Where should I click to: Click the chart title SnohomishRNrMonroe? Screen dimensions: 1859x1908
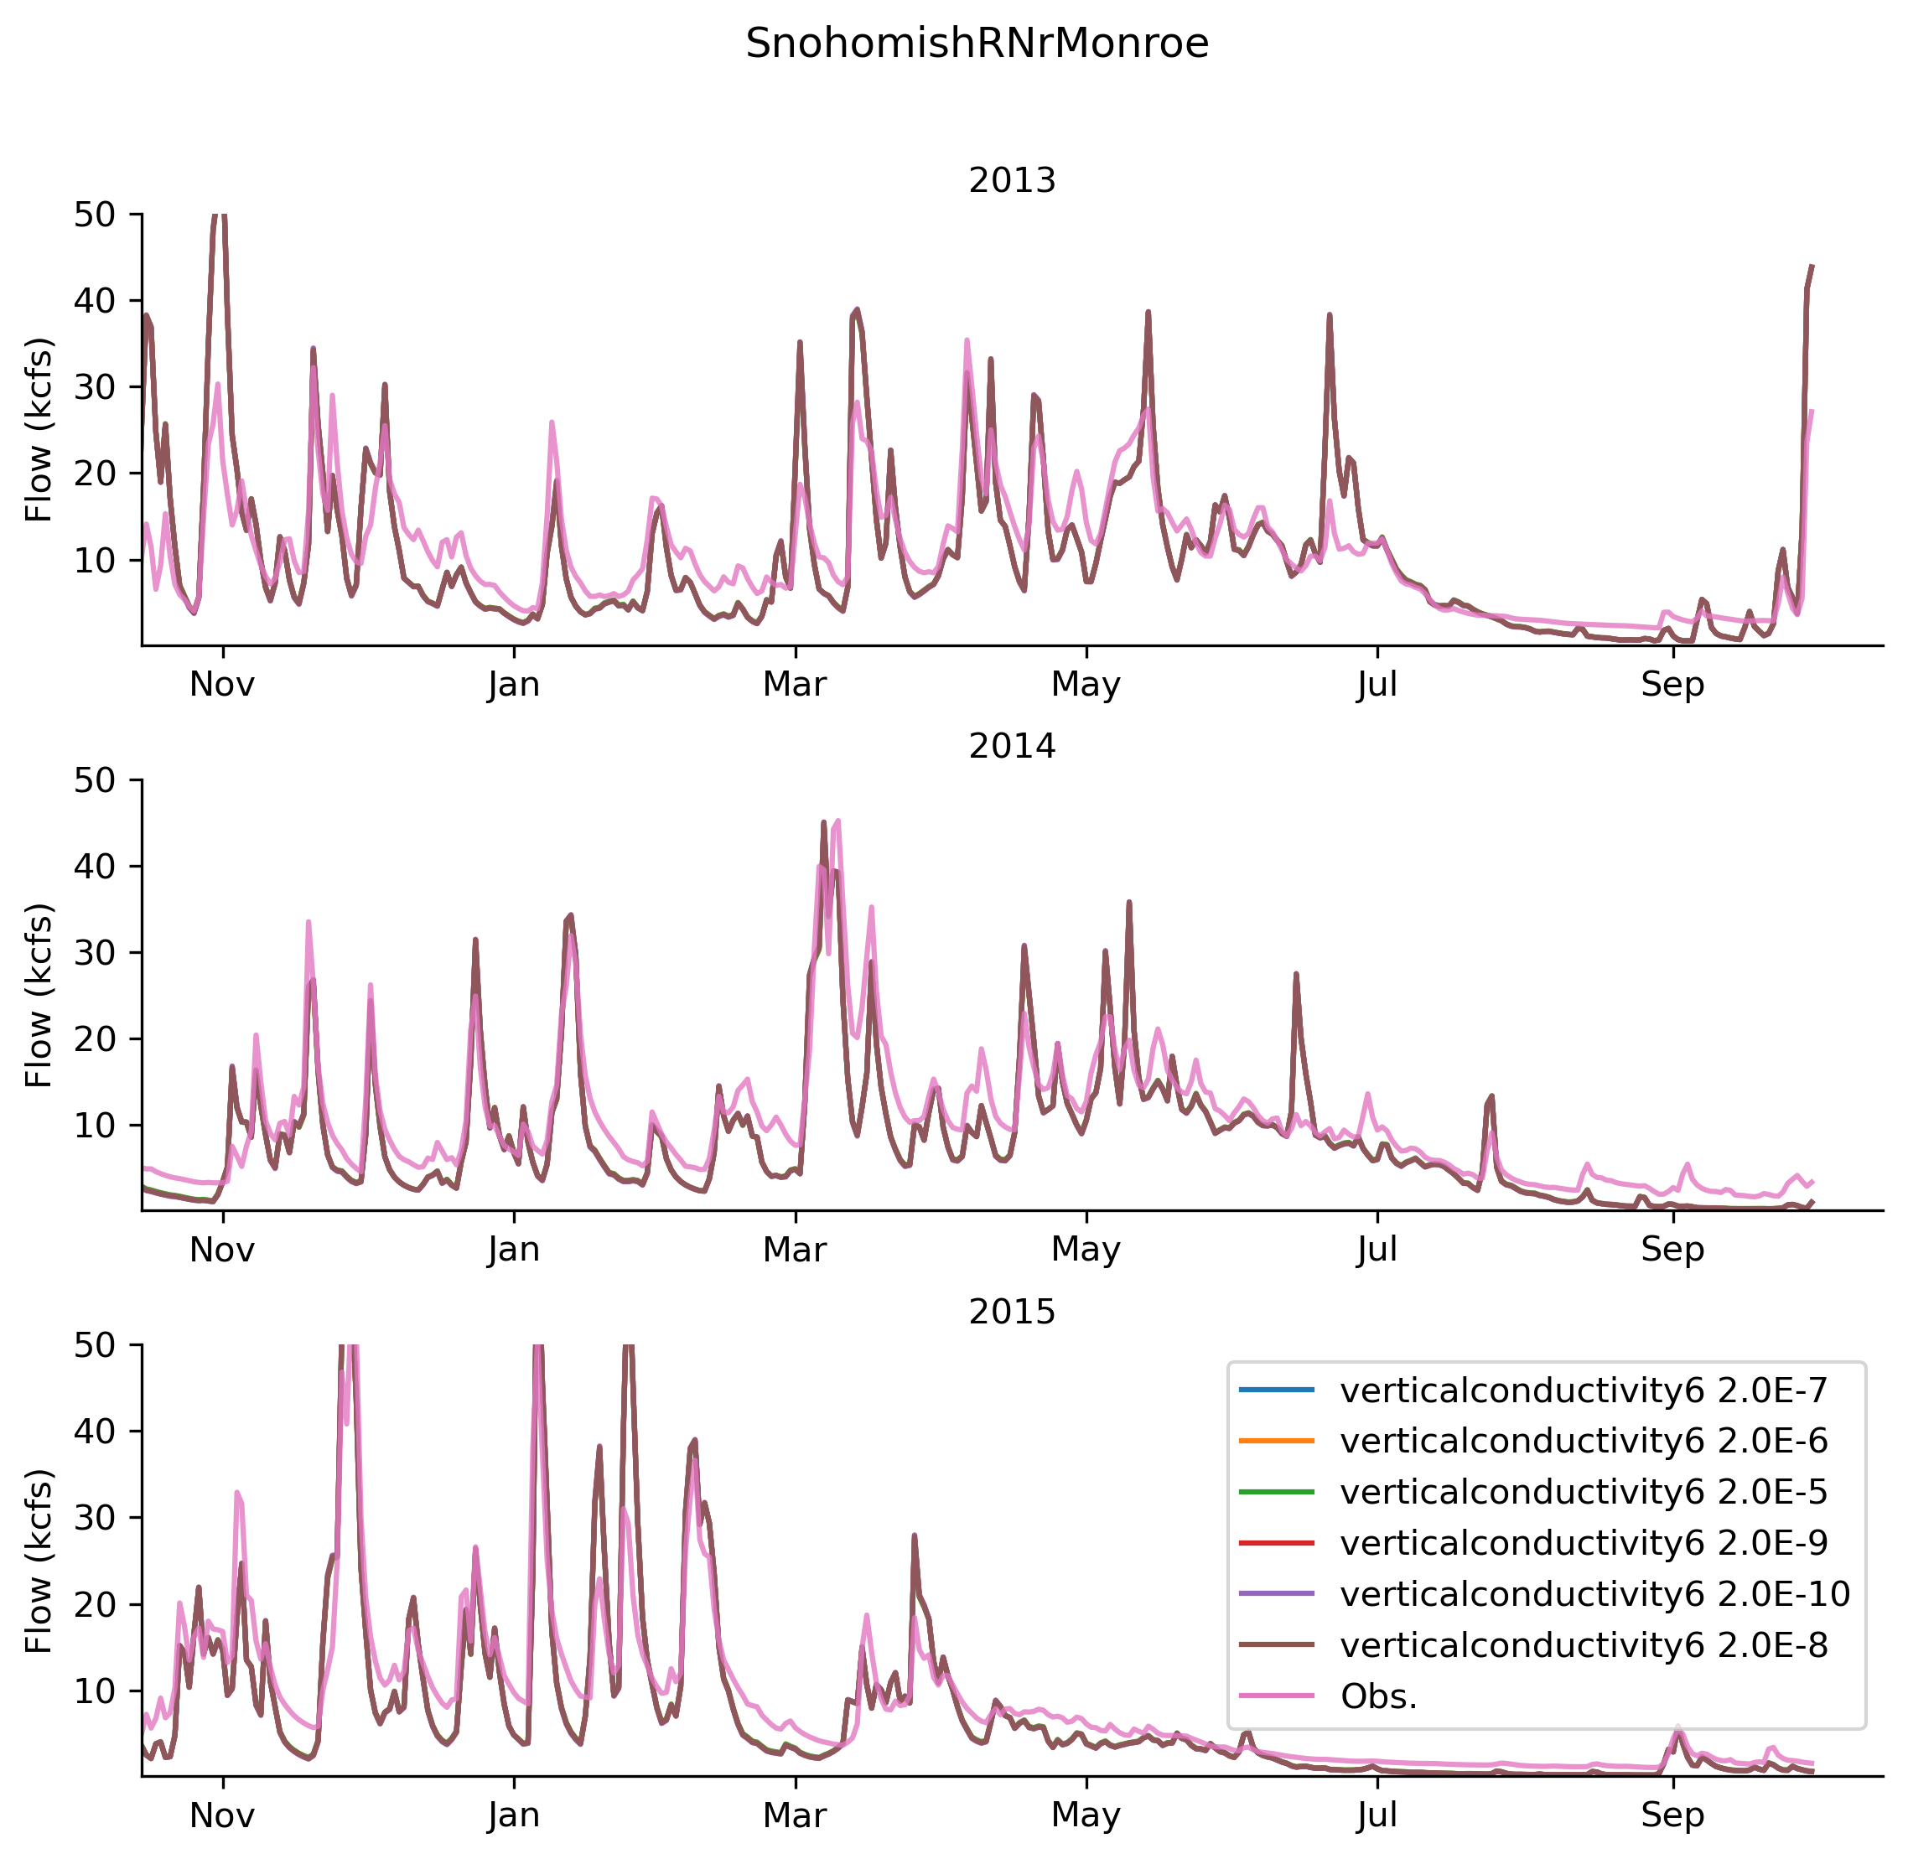point(977,44)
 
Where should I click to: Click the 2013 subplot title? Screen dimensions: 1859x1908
point(1012,181)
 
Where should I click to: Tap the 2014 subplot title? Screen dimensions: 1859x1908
point(1012,746)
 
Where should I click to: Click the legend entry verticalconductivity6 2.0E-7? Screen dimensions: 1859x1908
point(1583,1390)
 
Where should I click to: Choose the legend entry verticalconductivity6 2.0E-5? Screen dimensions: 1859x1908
point(1583,1492)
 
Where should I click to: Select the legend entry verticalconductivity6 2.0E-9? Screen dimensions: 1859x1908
point(1583,1543)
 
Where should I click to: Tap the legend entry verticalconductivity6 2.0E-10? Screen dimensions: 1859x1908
point(1594,1593)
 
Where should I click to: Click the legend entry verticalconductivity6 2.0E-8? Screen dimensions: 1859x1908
point(1583,1645)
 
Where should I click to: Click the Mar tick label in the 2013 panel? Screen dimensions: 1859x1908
point(794,685)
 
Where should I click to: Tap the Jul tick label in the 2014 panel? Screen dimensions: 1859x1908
point(1377,1250)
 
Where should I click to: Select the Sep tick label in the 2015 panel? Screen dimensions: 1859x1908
point(1672,1815)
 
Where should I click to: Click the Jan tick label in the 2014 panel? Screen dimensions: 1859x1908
point(514,1250)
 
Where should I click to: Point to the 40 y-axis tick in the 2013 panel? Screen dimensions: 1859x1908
point(94,301)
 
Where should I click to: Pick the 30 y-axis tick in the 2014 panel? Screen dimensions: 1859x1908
point(94,953)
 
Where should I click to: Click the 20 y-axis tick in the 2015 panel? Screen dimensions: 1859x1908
point(94,1604)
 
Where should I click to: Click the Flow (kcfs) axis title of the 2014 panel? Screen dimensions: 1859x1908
point(39,996)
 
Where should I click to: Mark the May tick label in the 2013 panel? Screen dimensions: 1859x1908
point(1085,685)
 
